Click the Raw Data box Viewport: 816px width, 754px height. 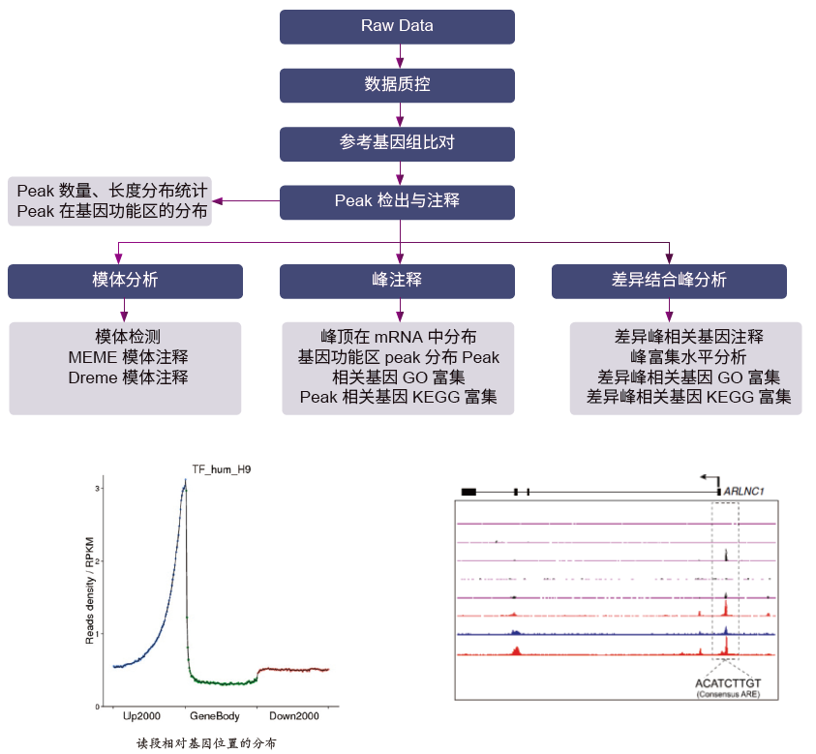point(397,26)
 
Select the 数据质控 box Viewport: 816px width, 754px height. point(397,85)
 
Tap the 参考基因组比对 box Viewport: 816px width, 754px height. point(397,143)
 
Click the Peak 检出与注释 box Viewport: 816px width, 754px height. point(397,201)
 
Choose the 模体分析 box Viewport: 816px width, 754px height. point(125,281)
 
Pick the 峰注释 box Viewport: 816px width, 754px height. point(397,281)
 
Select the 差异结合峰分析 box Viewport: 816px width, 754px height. point(669,281)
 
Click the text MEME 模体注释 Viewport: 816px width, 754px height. point(128,357)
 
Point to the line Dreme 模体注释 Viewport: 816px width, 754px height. point(128,377)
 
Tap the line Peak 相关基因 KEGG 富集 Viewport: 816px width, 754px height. point(398,397)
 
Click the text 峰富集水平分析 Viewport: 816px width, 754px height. point(688,357)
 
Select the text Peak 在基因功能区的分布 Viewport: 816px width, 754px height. point(112,212)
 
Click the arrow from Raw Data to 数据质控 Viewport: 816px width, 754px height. point(398,56)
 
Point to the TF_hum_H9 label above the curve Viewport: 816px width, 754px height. point(222,469)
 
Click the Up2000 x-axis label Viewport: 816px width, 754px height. point(142,717)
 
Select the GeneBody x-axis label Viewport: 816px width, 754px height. point(215,717)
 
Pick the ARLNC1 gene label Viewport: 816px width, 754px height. point(744,492)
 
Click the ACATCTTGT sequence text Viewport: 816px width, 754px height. point(728,682)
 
